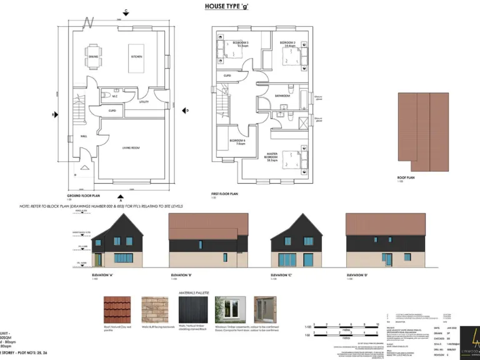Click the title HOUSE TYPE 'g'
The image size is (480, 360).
coord(231,7)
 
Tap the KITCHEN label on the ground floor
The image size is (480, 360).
coord(136,57)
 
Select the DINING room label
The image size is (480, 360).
coord(93,57)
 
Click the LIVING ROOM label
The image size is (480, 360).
coord(131,147)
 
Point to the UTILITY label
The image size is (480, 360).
coord(144,101)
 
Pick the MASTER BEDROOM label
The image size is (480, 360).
coord(272,156)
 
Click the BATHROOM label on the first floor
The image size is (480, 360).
coord(282,96)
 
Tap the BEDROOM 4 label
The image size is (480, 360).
coord(237,141)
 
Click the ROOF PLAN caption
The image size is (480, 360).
coord(406,177)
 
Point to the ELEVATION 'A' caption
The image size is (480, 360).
coord(102,275)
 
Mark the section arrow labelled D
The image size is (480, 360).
coord(186,111)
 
